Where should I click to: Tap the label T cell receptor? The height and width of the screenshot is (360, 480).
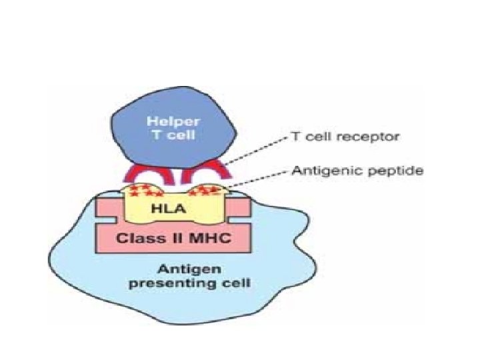(345, 137)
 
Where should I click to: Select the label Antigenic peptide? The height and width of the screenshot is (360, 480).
(357, 171)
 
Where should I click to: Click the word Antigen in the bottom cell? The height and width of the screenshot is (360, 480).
(181, 270)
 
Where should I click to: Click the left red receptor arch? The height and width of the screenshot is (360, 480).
(143, 174)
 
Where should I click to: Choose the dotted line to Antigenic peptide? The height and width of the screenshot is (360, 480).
(257, 181)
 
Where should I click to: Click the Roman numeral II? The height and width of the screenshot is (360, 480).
(173, 238)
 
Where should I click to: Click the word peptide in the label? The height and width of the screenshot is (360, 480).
(399, 171)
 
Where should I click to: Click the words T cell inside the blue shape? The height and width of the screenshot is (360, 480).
(167, 135)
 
